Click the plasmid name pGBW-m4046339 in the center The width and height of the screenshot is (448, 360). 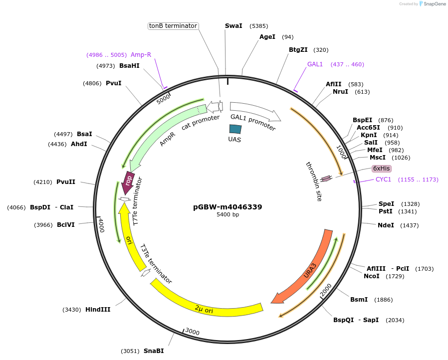(227, 207)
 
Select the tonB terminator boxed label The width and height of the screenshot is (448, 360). (174, 26)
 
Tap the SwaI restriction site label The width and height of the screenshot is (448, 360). (233, 26)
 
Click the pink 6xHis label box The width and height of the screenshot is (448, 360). (382, 169)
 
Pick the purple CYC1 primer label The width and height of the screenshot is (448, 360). (383, 180)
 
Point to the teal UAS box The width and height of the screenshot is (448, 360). (235, 129)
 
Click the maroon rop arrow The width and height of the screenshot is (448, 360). (128, 182)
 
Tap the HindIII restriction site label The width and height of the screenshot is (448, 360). (98, 310)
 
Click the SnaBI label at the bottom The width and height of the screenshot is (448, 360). (154, 351)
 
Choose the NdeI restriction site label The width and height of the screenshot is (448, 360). (386, 225)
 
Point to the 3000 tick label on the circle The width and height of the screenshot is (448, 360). (192, 332)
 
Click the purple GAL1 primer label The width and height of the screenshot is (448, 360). (315, 64)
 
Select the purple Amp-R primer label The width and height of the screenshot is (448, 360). (141, 55)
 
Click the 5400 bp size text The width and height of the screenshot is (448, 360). (227, 215)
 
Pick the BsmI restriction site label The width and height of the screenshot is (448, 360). (359, 300)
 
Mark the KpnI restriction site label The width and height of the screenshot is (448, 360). (369, 135)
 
